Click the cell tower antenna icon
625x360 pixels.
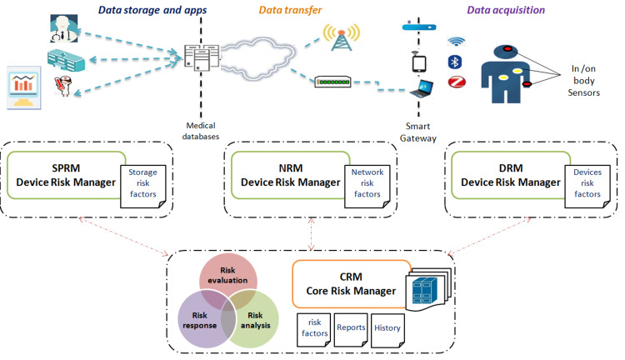341,37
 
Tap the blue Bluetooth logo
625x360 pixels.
455,62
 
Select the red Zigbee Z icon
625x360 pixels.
457,82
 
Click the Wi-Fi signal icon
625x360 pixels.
456,41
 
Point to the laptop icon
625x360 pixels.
422,89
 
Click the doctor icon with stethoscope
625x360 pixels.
64,28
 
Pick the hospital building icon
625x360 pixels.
66,61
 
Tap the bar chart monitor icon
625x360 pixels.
24,87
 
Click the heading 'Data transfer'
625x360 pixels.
290,10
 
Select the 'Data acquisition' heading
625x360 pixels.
506,10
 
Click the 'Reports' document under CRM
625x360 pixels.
351,330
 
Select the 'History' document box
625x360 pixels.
387,330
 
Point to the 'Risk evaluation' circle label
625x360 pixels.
227,275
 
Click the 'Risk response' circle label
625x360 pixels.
200,320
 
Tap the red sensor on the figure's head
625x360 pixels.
507,49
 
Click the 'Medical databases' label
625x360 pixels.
201,131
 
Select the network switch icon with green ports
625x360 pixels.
332,82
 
